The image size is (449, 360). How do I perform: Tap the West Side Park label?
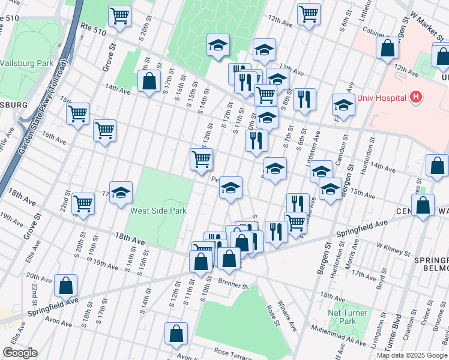pos(158,211)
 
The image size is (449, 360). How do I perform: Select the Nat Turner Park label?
pos(343,317)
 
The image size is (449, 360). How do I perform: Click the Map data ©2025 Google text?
pos(412,355)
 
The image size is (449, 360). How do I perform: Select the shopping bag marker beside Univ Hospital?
pos(387,47)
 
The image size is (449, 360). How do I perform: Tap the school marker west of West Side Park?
pos(121,192)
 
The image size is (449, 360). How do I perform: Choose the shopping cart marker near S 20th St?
pos(120,16)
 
